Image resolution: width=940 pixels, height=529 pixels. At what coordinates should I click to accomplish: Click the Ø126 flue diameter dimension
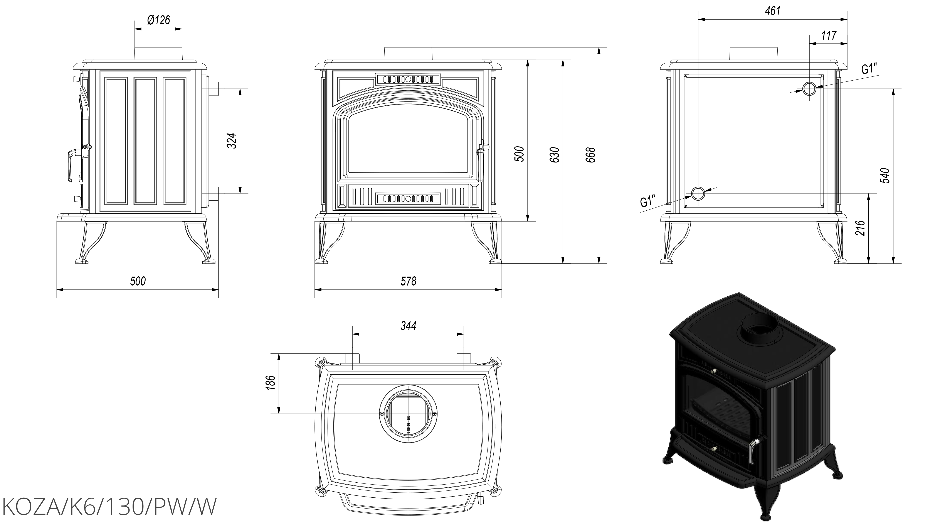(158, 20)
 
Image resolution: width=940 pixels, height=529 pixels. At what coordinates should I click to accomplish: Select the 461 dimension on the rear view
(772, 11)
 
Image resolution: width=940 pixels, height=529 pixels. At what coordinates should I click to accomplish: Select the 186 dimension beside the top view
(270, 383)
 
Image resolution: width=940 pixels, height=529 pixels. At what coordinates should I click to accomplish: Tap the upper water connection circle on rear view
(809, 89)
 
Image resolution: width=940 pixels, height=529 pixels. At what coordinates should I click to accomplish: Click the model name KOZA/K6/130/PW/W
(109, 507)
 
